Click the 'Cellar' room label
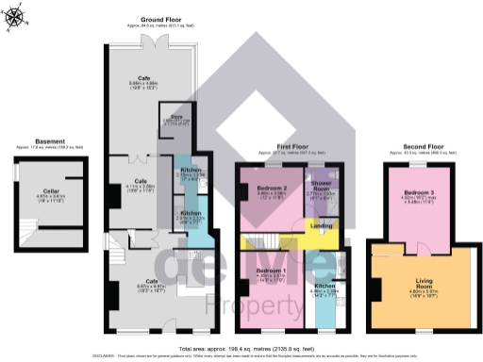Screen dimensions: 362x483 pyautogui.click(x=44, y=189)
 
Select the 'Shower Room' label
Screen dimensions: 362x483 pyautogui.click(x=322, y=185)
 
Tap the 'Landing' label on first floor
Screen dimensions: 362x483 pyautogui.click(x=322, y=225)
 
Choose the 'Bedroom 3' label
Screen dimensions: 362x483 pyautogui.click(x=418, y=192)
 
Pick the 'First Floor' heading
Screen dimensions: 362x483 pyautogui.click(x=292, y=147)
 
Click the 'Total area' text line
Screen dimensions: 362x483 pyautogui.click(x=241, y=346)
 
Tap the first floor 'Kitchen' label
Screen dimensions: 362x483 pyautogui.click(x=325, y=285)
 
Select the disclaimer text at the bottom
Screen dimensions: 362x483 pyautogui.click(x=241, y=355)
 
